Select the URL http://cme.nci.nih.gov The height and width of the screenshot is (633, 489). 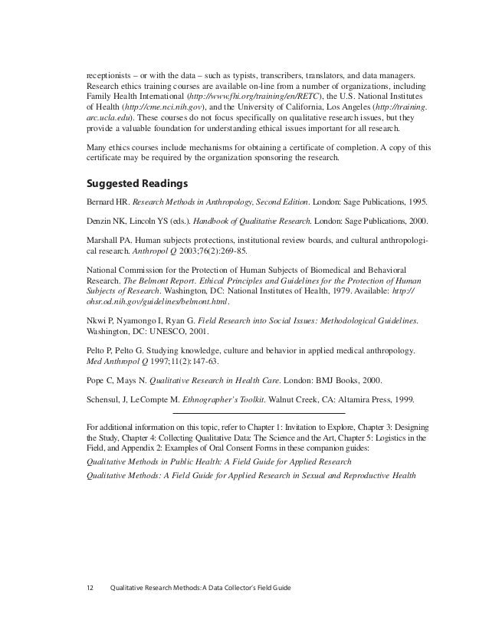coord(159,109)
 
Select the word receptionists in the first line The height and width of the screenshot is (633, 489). coord(110,77)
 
